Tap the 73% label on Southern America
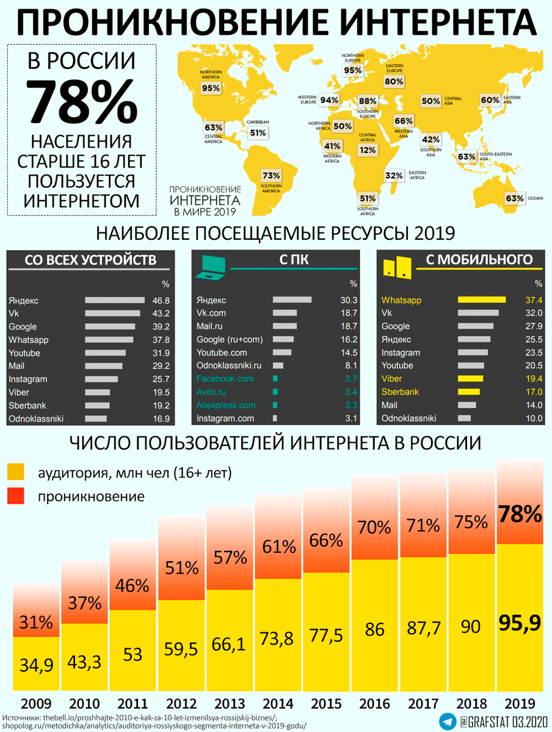[271, 174]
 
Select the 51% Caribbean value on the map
[258, 132]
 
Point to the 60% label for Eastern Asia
[490, 99]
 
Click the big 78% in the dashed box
[81, 101]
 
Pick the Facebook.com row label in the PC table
[225, 379]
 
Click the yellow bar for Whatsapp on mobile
[481, 300]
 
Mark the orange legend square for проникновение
[16, 496]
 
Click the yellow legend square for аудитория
[16, 472]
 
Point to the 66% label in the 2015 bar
[326, 540]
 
